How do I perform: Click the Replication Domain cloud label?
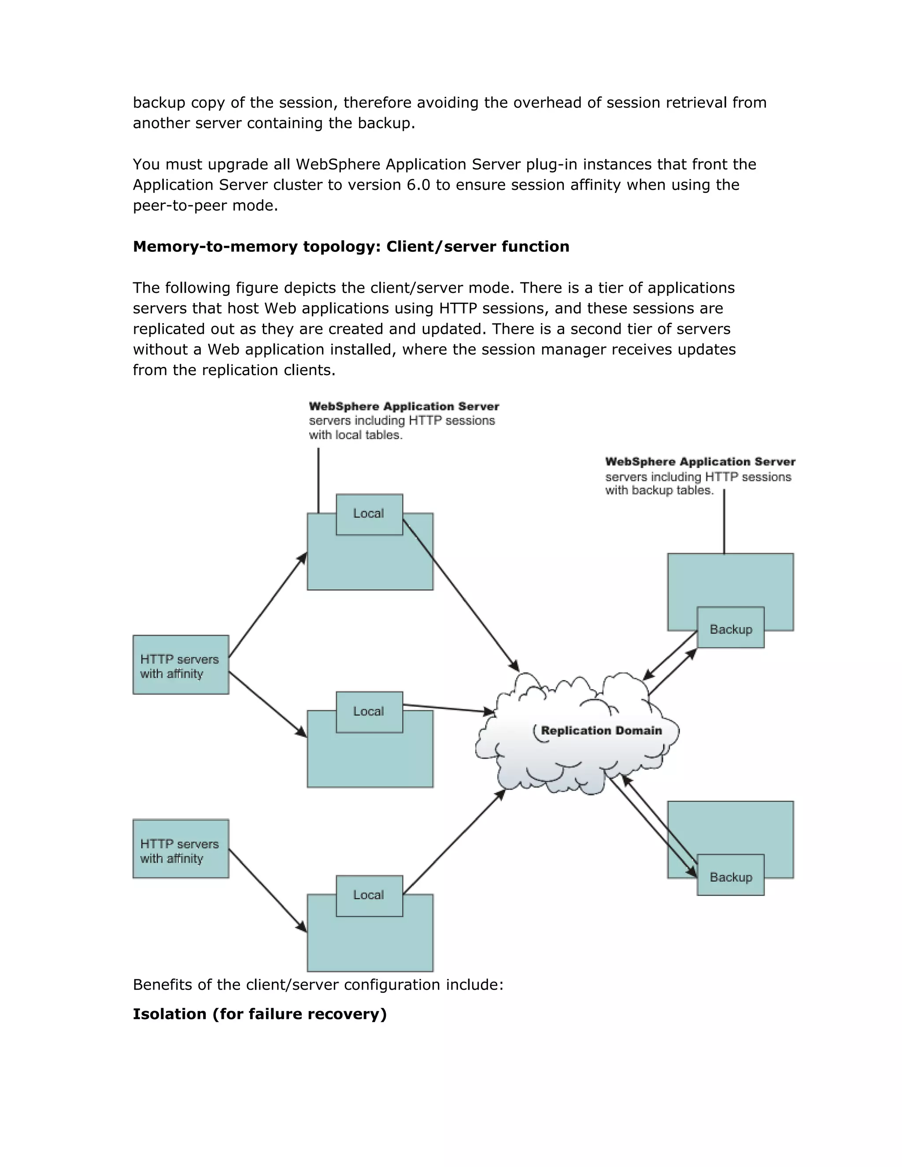[x=601, y=731]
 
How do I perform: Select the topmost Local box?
[x=369, y=514]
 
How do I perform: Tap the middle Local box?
[x=369, y=712]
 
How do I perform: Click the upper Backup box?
[x=731, y=629]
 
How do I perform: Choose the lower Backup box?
[x=731, y=877]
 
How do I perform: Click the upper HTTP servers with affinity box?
[x=181, y=665]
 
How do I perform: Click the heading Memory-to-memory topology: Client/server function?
[x=351, y=246]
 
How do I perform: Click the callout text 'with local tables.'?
[x=355, y=436]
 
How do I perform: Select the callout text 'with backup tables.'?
[x=659, y=491]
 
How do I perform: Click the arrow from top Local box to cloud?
[x=461, y=595]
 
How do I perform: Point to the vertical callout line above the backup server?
[x=724, y=521]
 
